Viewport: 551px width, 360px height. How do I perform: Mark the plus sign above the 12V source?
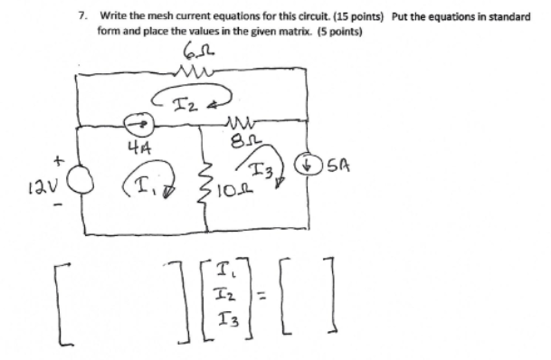point(56,161)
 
